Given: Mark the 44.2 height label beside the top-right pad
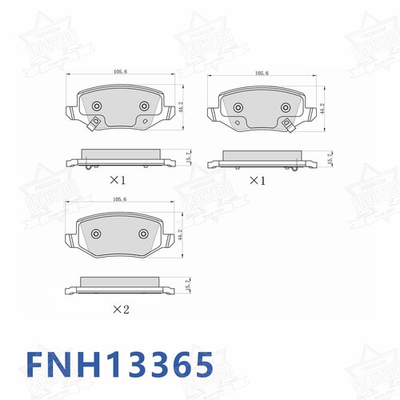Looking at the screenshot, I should click(323, 109).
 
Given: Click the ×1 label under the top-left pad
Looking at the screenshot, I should click(117, 181).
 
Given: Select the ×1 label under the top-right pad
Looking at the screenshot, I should click(257, 181).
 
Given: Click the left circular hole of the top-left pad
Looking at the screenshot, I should click(96, 106).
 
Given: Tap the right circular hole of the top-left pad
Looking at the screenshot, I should click(144, 106).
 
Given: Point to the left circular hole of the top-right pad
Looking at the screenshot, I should click(238, 108).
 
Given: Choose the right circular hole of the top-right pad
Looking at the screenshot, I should click(285, 108).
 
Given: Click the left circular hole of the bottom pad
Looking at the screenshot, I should click(96, 234).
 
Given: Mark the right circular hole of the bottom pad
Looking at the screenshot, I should click(144, 234).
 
